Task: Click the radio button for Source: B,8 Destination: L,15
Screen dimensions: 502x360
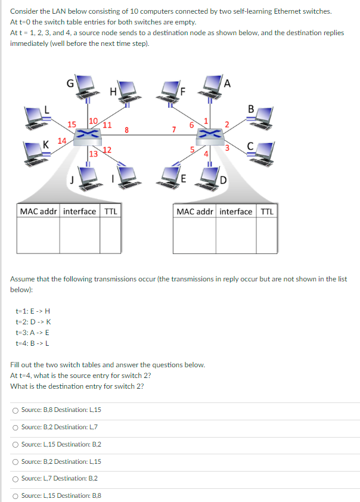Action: [15, 410]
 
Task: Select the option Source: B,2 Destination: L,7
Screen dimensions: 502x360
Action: [15, 427]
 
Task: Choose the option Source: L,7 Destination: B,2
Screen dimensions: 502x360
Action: [15, 478]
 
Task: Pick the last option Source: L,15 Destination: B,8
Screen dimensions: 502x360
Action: [15, 495]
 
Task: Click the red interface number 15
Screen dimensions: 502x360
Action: [72, 125]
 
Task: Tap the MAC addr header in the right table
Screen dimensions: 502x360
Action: [195, 212]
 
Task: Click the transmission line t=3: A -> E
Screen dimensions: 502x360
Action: [34, 332]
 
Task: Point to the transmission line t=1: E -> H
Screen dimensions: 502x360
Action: [34, 311]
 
